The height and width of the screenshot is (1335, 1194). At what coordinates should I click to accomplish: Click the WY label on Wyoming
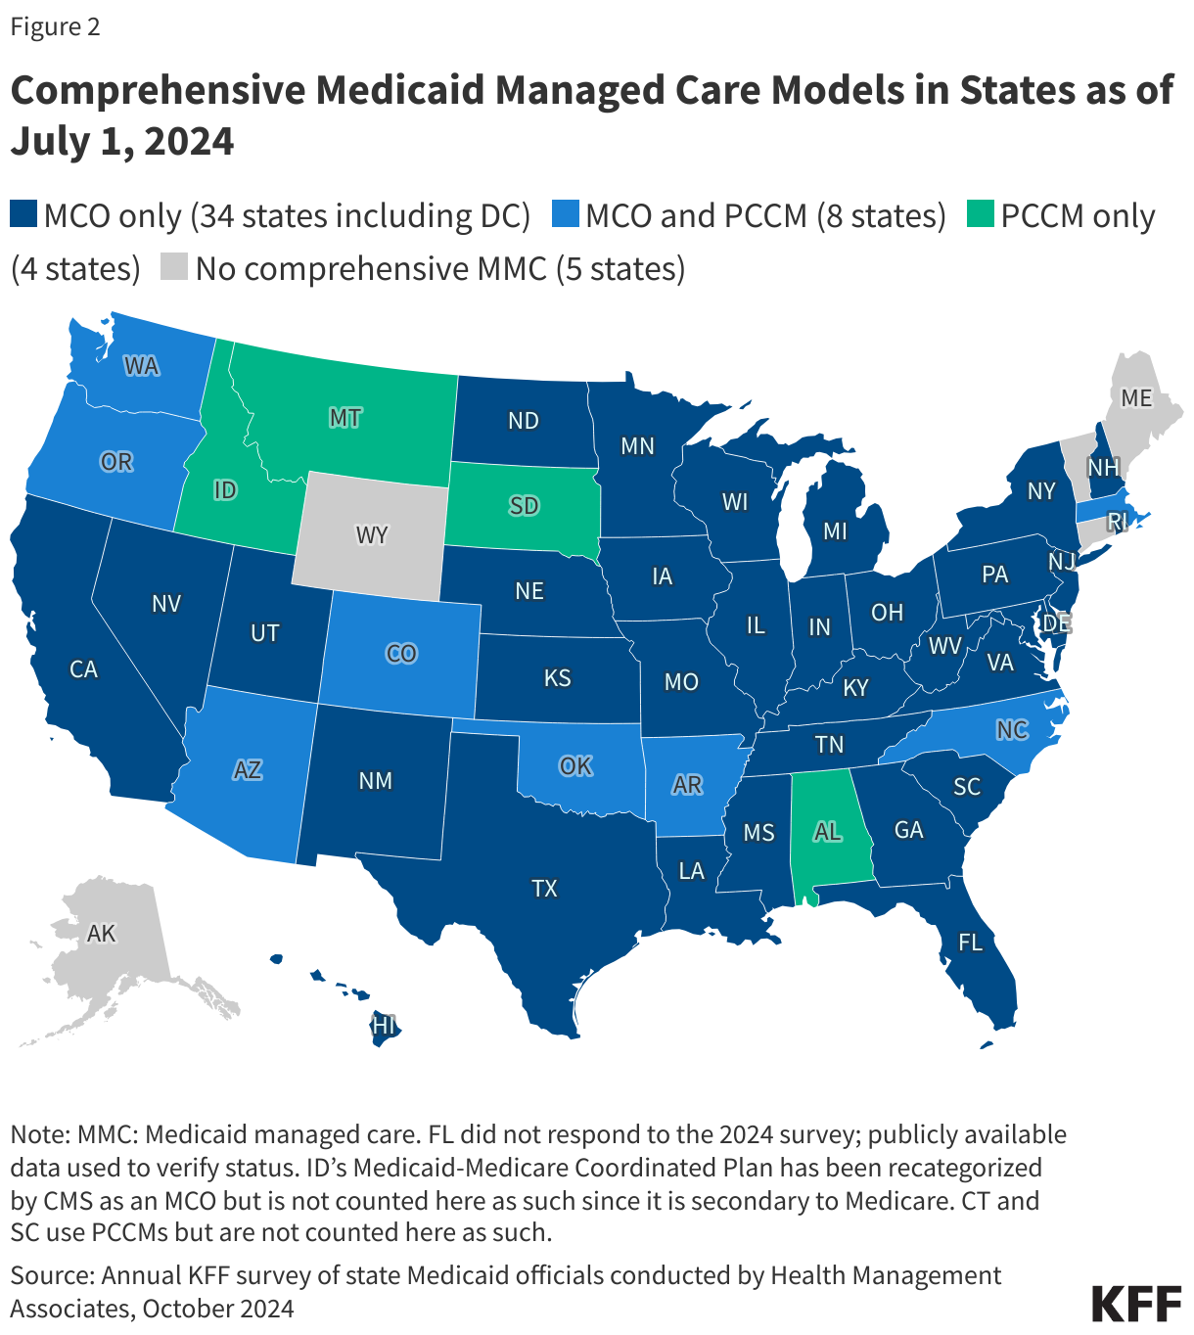372,535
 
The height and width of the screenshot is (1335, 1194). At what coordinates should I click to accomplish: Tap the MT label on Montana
344,418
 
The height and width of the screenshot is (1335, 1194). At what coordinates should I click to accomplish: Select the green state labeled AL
827,832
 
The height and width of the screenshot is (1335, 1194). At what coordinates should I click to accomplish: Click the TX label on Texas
544,888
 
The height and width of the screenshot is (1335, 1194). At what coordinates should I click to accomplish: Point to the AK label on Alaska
101,933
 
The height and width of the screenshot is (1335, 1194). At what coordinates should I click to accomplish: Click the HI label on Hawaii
384,1025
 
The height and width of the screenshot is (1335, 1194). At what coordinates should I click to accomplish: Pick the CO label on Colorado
401,653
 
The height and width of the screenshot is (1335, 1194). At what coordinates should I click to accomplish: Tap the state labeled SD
524,505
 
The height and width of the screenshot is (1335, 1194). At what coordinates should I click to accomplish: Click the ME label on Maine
1136,397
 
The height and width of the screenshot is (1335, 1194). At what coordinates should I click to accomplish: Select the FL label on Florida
970,943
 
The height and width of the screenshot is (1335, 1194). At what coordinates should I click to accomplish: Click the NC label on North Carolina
1012,729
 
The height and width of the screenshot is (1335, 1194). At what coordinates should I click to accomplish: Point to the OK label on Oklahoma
575,765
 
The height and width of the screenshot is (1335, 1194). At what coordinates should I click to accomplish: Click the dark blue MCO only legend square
23,215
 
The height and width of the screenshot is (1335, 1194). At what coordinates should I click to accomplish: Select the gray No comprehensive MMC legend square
174,268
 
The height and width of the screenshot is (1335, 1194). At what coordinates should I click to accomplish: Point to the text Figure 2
55,26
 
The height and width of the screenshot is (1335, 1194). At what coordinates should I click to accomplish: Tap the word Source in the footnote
49,1275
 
